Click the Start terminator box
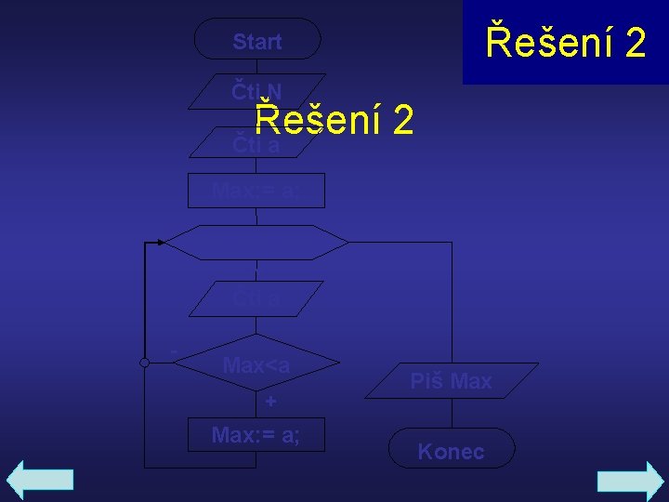(257, 41)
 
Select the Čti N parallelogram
(256, 91)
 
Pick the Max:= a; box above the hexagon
(256, 191)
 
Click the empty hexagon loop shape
(256, 242)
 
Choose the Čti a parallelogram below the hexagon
(256, 298)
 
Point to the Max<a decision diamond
(256, 365)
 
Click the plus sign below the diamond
(270, 402)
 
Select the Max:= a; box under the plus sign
(256, 434)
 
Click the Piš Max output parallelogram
(452, 381)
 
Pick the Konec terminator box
(452, 452)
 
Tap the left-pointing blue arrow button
(40, 480)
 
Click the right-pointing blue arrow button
(629, 482)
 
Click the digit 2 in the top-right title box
(636, 43)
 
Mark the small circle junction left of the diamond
(144, 363)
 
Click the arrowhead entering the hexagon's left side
(161, 242)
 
